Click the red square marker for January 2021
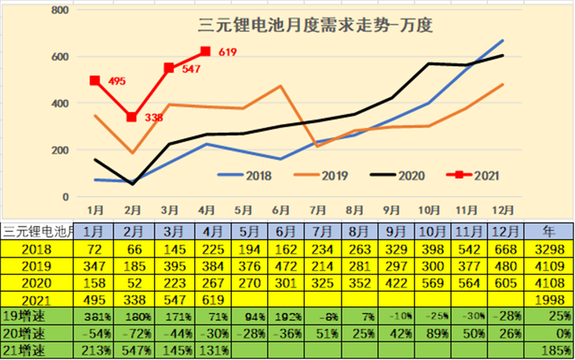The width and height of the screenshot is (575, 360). [95, 81]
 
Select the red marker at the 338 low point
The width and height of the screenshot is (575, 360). [132, 117]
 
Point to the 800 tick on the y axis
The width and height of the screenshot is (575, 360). [59, 11]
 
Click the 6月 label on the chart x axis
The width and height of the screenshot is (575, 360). [280, 209]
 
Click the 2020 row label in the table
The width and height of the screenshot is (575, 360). [38, 282]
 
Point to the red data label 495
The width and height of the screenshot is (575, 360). [116, 81]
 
